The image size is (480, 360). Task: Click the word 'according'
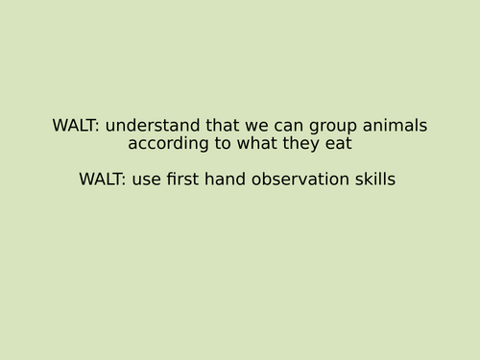[x=166, y=145]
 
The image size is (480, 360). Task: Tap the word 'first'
[x=182, y=180]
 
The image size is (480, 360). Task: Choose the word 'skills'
[x=372, y=180]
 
